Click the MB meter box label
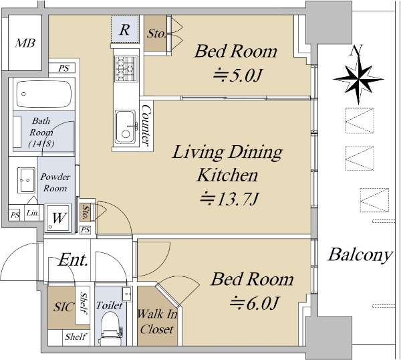(x=25, y=43)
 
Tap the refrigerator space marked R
(x=124, y=29)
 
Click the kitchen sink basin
(x=126, y=126)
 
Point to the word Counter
(x=146, y=125)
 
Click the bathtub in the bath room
(x=43, y=94)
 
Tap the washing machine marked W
(x=58, y=218)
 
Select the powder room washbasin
(x=26, y=180)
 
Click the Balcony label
(x=360, y=255)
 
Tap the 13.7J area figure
(x=229, y=199)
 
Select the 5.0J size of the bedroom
(x=238, y=76)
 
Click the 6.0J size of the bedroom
(x=254, y=303)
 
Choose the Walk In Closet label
(x=157, y=322)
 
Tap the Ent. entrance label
(x=74, y=260)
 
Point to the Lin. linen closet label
(x=33, y=213)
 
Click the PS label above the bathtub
(x=63, y=68)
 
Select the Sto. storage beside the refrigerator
(x=156, y=33)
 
